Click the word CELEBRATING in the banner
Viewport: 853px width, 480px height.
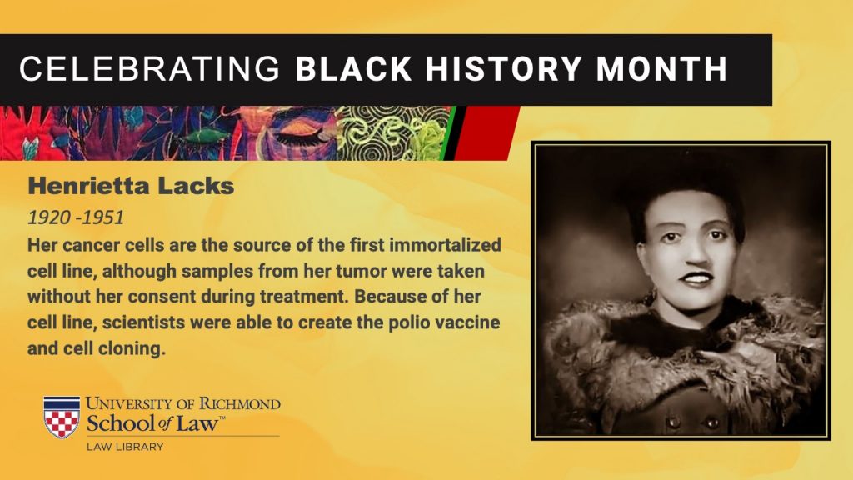pyautogui.click(x=149, y=69)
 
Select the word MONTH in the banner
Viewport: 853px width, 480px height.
pyautogui.click(x=661, y=69)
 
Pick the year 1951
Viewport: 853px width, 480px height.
pyautogui.click(x=103, y=217)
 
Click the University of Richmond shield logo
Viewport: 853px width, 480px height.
pyautogui.click(x=62, y=417)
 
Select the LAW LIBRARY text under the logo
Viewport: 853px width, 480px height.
pyautogui.click(x=125, y=447)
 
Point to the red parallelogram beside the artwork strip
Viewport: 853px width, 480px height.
pyautogui.click(x=486, y=133)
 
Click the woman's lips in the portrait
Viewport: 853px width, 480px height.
pyautogui.click(x=697, y=278)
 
